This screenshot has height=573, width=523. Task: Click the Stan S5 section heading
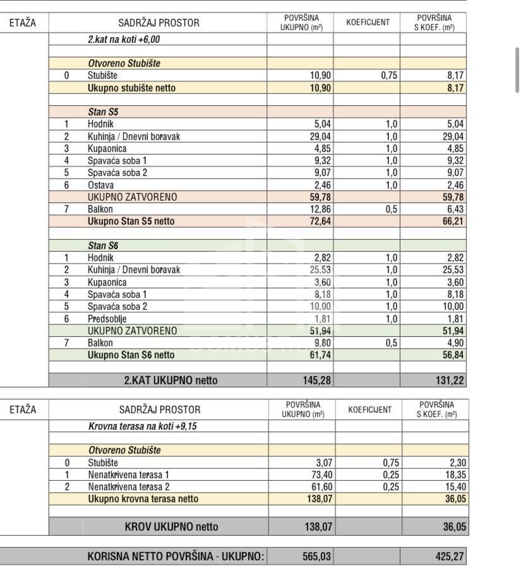tap(103, 112)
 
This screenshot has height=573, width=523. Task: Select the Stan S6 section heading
tap(103, 245)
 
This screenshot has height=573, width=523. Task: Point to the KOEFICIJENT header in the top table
tap(368, 23)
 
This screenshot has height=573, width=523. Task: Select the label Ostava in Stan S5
tap(100, 185)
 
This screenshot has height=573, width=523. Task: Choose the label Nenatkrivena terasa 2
tap(129, 487)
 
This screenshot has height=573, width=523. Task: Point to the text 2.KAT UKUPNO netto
tap(171, 380)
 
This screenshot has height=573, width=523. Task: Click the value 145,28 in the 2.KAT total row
tap(315, 380)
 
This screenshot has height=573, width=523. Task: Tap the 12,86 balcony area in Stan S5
tap(318, 210)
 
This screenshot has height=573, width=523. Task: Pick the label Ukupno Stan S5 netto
tap(131, 222)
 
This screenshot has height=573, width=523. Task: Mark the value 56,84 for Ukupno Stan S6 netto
tap(451, 355)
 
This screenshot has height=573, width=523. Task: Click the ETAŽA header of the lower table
tap(23, 410)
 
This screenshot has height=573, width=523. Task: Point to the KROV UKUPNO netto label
tap(171, 526)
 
